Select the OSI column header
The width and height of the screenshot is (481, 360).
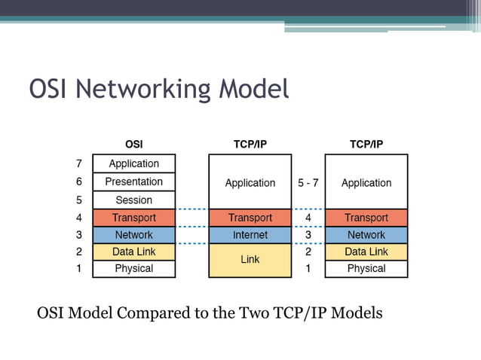tap(133, 144)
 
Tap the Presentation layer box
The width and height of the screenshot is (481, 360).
tap(133, 182)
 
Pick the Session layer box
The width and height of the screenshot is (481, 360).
tap(133, 200)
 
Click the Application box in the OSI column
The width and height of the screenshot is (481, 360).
tap(133, 163)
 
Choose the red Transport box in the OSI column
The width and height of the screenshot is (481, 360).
tap(133, 218)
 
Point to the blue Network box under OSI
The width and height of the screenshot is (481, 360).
tap(133, 235)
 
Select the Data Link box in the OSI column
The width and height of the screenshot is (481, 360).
tap(133, 252)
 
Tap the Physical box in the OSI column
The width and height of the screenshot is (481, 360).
tap(133, 269)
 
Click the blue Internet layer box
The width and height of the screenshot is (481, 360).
tap(250, 235)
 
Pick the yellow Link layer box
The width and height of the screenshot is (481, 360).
tap(250, 260)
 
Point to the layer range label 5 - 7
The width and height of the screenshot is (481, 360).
tap(308, 183)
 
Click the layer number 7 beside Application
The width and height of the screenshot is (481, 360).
tap(78, 163)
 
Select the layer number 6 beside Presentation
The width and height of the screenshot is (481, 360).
tap(78, 182)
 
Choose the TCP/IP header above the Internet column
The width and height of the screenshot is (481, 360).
tap(250, 144)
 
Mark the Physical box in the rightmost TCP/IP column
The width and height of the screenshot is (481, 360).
tap(366, 269)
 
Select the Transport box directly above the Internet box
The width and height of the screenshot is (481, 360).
tap(250, 218)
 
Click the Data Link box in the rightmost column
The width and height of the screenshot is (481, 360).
tap(366, 252)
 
